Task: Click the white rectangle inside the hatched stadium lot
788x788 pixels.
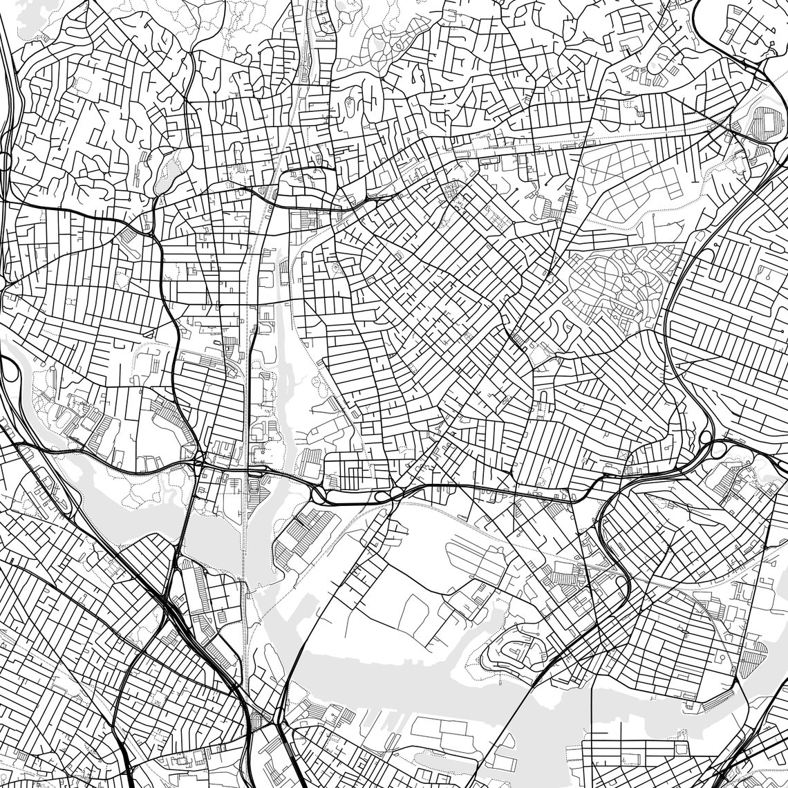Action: tap(764, 118)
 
